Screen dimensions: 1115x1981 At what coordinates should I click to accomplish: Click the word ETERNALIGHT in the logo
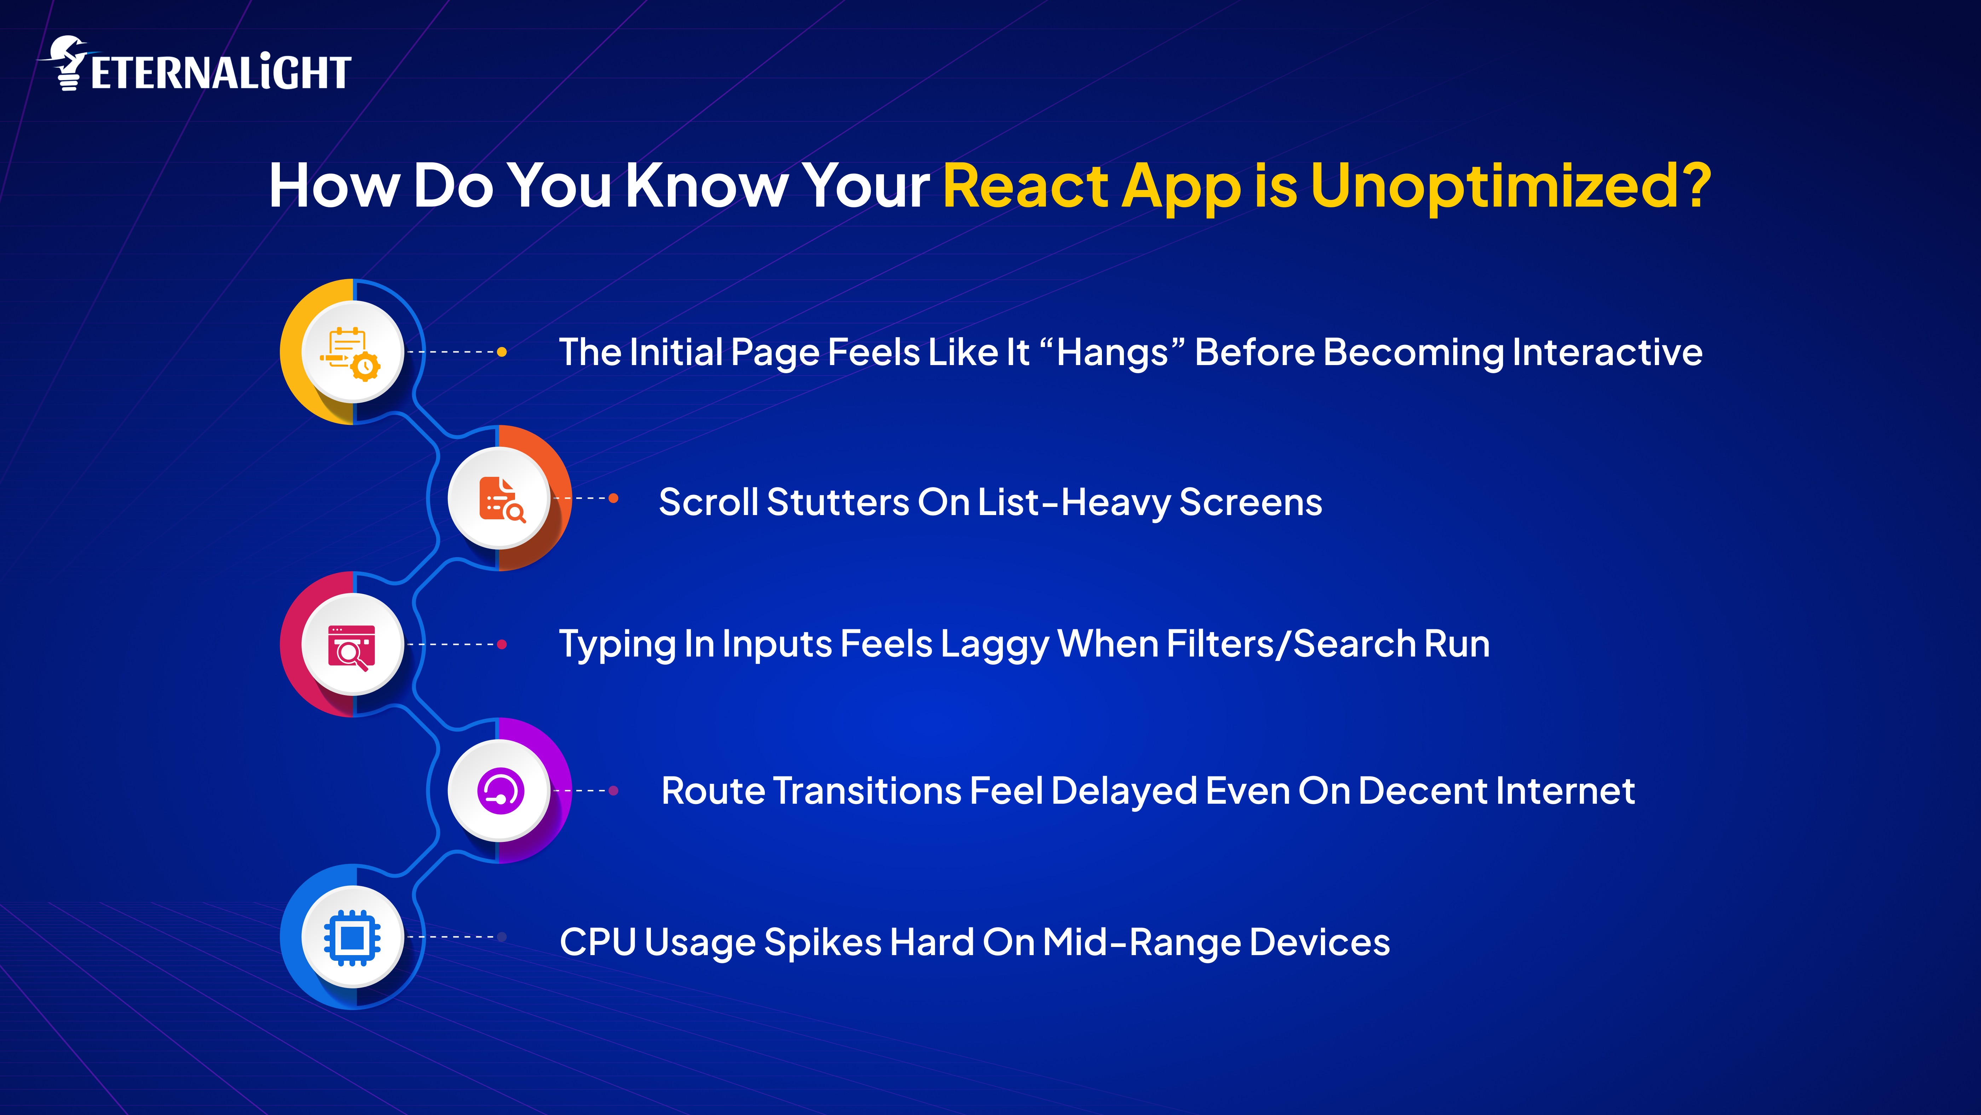pos(221,73)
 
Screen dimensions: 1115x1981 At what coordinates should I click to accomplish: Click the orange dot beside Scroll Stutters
pos(614,498)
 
